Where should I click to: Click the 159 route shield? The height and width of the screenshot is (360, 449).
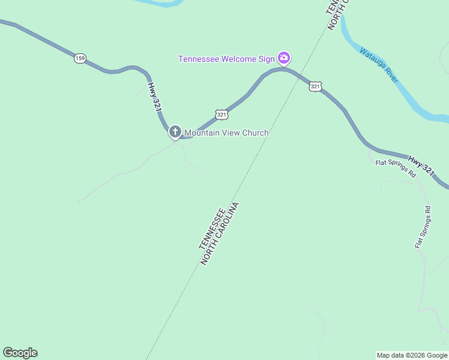[x=80, y=58]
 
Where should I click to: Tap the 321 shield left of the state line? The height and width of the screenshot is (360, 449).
[x=221, y=114]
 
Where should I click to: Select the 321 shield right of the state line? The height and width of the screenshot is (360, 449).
[x=315, y=87]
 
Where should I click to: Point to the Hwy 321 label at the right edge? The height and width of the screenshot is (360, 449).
[x=421, y=165]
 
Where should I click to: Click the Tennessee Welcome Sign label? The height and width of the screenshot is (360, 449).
[x=226, y=59]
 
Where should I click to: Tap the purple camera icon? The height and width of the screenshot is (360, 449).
[x=284, y=58]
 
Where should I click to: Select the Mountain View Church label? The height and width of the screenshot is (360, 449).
[x=226, y=133]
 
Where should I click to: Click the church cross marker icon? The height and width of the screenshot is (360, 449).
[x=175, y=131]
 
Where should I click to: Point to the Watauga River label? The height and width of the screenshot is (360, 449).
[x=379, y=65]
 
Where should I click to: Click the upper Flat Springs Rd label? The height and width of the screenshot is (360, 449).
[x=396, y=168]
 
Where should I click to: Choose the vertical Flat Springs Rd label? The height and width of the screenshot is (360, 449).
[x=423, y=227]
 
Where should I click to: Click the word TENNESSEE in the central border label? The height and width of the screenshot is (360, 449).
[x=211, y=229]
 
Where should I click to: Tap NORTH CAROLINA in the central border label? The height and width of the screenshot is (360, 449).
[x=220, y=234]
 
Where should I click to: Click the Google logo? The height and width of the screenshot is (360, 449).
[x=20, y=353]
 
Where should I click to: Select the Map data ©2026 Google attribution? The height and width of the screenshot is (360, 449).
[x=412, y=355]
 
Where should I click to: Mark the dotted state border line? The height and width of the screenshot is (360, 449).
[x=180, y=288]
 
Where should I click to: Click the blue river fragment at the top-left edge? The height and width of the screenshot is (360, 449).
[x=159, y=2]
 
